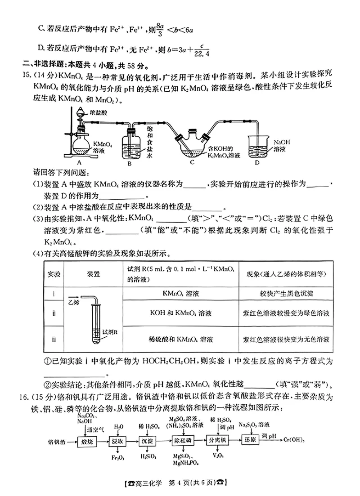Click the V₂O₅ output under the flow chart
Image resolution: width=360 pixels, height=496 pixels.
click(x=217, y=457)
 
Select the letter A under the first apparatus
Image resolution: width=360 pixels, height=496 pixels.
click(x=79, y=163)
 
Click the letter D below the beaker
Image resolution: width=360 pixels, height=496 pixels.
click(x=257, y=163)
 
